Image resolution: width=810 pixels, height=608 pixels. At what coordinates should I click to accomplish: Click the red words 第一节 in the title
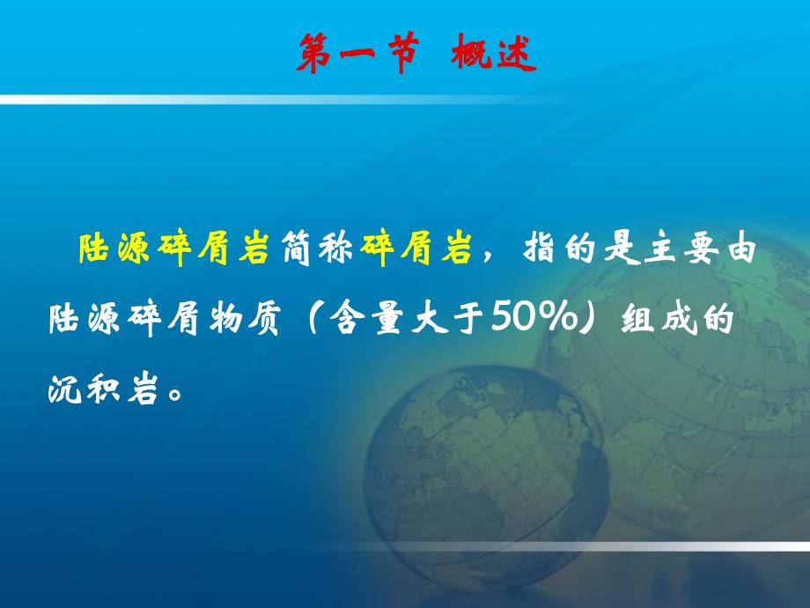(x=356, y=55)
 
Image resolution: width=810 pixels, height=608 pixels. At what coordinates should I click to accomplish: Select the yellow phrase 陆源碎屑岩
(x=173, y=251)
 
